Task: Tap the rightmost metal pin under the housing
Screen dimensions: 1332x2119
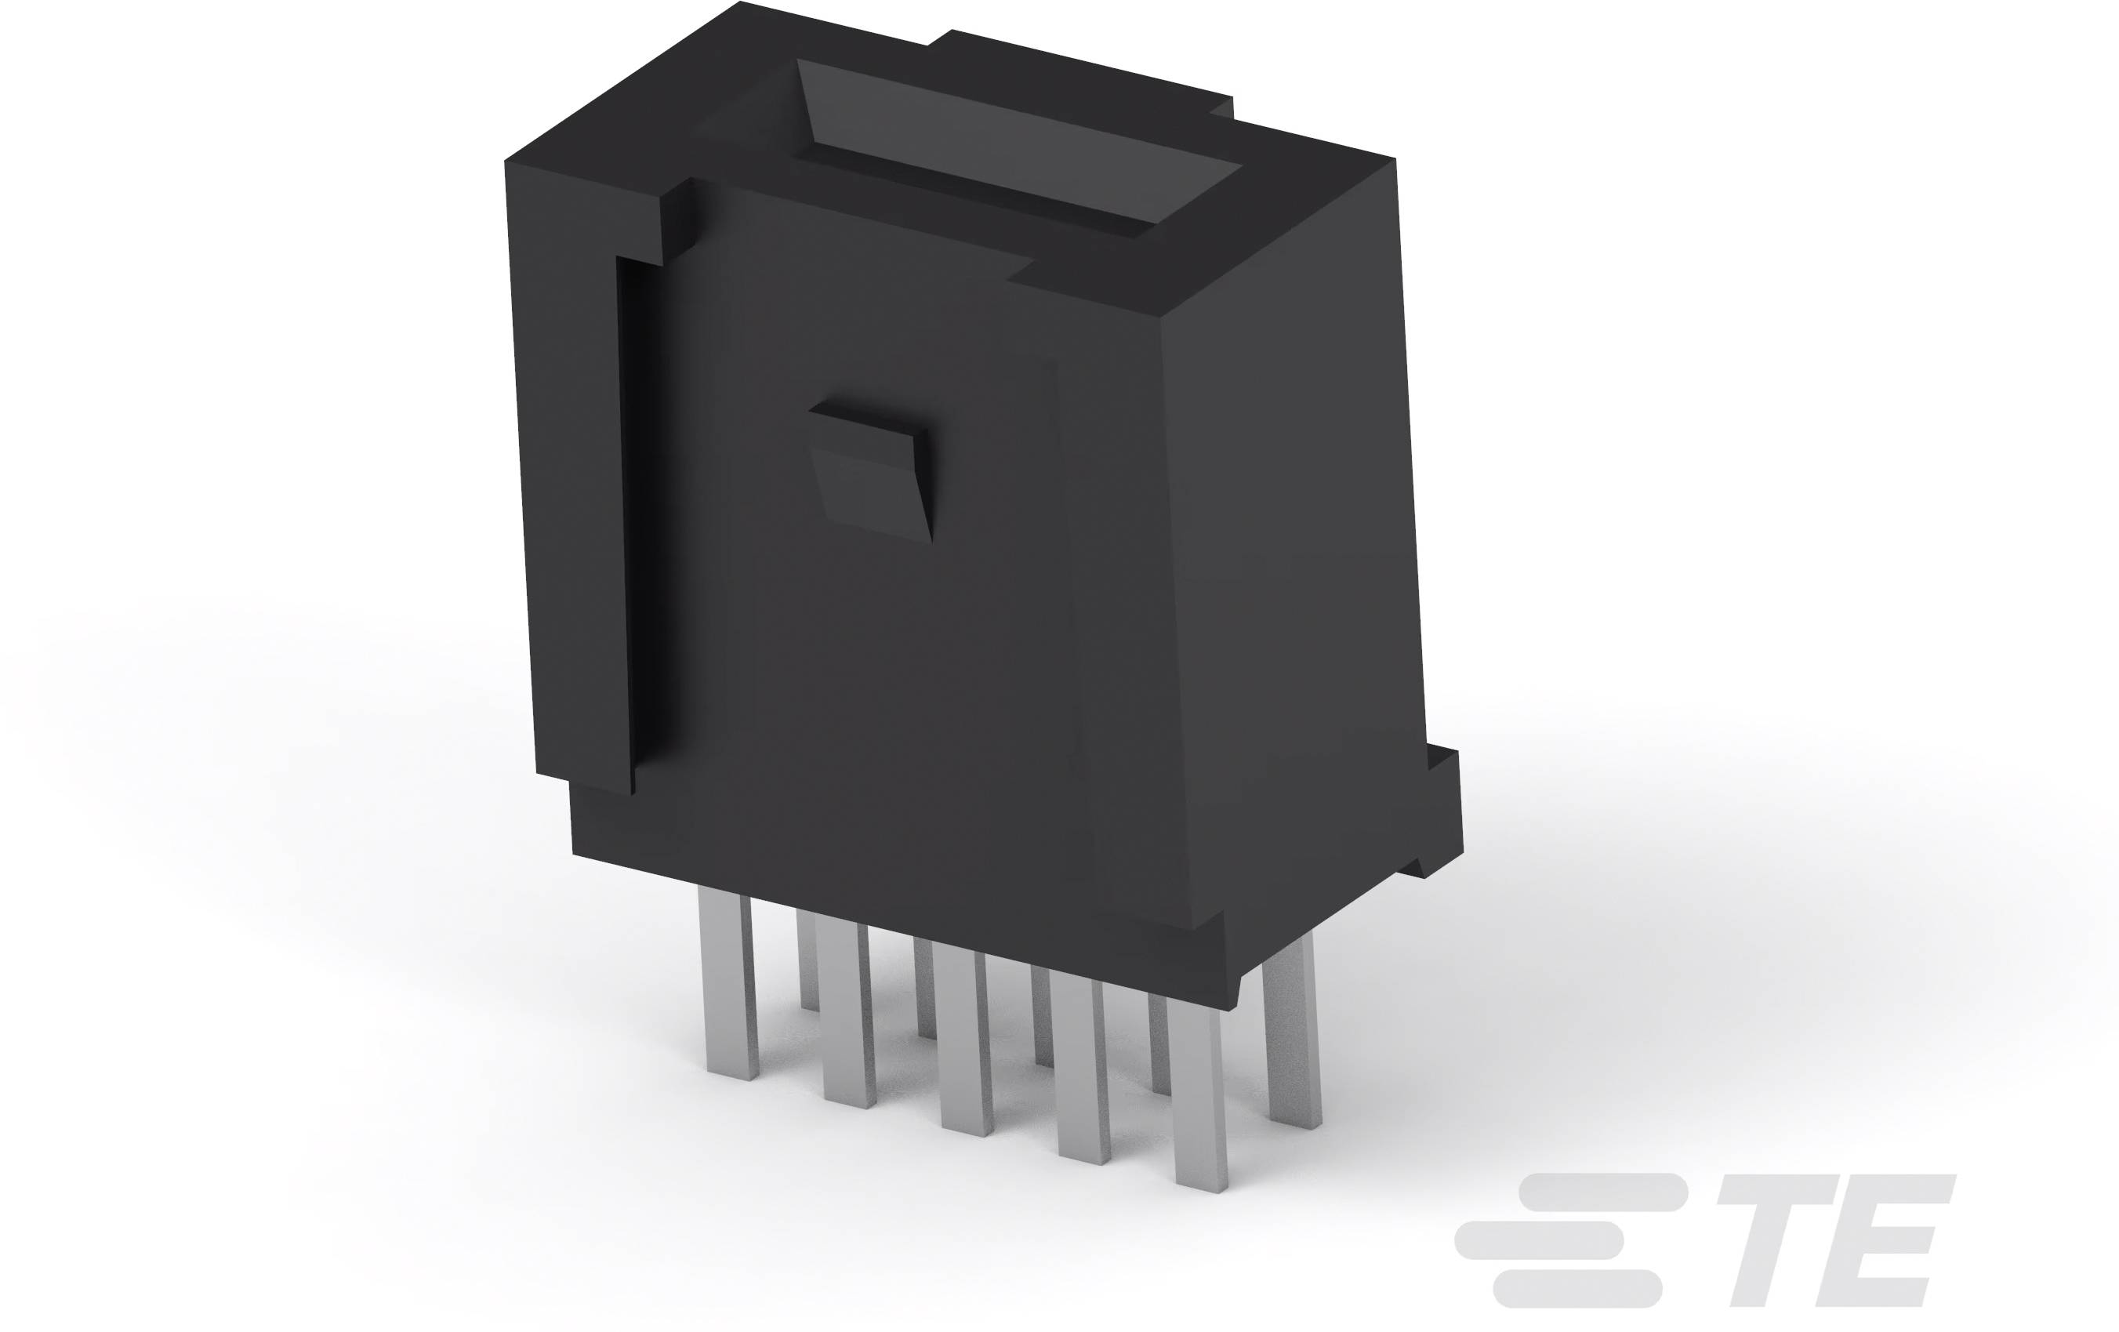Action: pos(1292,1038)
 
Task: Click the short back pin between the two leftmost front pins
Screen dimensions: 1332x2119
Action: pos(807,959)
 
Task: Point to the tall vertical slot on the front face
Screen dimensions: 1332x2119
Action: pos(639,519)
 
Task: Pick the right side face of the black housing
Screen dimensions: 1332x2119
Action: pos(1294,572)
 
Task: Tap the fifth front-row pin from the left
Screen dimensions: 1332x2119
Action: pos(1199,1100)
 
